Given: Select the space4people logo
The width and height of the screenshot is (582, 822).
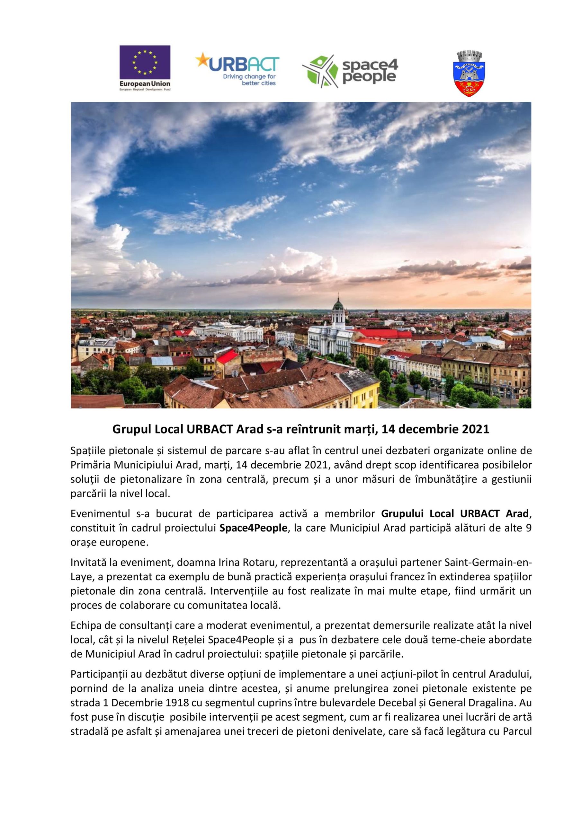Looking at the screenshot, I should pyautogui.click(x=350, y=71).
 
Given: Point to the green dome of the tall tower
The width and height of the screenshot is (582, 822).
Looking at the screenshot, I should pyautogui.click(x=337, y=305).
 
